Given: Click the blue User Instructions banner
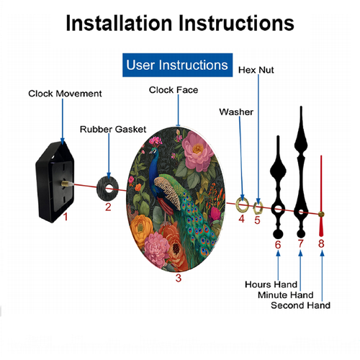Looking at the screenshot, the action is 177,65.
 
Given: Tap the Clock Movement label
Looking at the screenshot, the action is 65,94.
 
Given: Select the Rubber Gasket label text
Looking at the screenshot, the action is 113,130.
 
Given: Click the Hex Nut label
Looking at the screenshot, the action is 256,70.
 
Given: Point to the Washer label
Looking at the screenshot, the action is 236,112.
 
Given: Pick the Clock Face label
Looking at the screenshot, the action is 174,90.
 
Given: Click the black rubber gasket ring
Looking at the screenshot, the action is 108,189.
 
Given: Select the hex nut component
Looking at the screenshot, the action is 258,207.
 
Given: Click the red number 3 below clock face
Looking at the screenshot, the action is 179,278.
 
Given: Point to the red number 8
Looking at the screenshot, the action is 321,243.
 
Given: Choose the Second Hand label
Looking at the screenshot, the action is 300,305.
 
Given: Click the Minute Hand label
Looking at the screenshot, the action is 286,295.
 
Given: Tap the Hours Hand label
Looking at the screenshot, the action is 271,284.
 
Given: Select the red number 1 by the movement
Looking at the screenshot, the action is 66,217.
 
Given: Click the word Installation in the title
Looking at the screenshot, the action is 120,23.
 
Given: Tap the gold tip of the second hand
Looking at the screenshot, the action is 321,215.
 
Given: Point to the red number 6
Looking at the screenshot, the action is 278,245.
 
